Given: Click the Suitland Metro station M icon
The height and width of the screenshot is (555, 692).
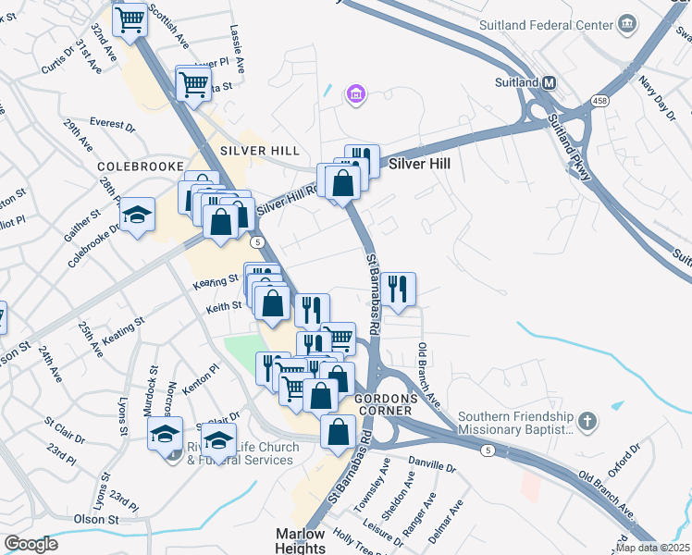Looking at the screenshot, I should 549,82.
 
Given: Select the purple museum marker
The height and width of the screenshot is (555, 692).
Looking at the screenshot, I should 355,93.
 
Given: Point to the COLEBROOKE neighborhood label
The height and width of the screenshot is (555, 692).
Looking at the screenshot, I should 134,167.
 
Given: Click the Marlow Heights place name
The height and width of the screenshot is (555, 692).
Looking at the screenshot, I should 301,541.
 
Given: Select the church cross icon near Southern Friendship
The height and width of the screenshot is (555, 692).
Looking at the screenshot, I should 585,422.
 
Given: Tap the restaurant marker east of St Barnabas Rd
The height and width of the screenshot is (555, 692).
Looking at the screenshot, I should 398,289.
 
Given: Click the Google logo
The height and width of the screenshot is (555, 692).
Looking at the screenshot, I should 31,544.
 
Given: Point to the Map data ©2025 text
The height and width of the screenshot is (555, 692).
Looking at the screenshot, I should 652,548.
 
